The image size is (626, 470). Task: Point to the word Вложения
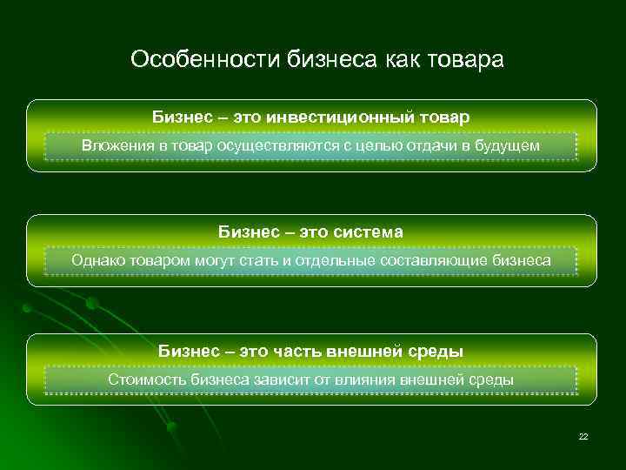(x=117, y=145)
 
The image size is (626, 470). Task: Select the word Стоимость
(x=144, y=380)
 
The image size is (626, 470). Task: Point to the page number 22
(x=583, y=435)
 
